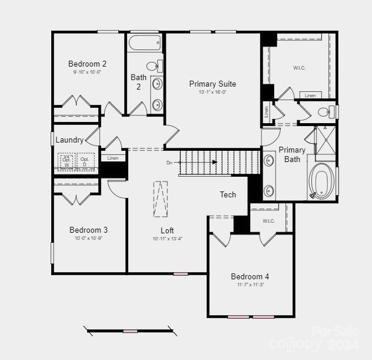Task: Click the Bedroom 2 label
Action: point(87,64)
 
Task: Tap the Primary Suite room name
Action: point(212,84)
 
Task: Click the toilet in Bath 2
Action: point(154,65)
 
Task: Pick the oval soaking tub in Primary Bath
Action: point(322,179)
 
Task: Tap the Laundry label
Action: point(69,140)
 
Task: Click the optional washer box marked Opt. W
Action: point(67,161)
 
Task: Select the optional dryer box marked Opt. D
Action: point(85,161)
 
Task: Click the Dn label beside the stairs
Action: point(170,162)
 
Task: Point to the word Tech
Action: point(228,194)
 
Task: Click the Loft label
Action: point(167,230)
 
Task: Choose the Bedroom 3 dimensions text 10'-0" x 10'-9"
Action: point(88,239)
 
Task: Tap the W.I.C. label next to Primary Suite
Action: point(299,68)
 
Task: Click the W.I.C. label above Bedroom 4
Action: point(268,221)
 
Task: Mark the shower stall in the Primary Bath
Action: point(325,141)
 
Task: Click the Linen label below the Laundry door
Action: point(113,158)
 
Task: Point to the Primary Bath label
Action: point(292,154)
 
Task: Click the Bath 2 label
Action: point(139,82)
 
